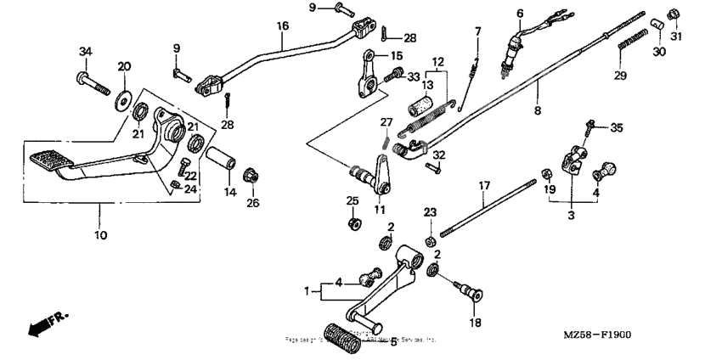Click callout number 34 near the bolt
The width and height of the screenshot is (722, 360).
point(84,52)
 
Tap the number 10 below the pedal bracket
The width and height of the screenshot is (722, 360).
point(100,235)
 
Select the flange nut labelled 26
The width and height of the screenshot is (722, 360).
point(251,177)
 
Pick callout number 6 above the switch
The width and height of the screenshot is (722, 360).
point(520,12)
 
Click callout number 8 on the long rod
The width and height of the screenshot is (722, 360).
point(537,109)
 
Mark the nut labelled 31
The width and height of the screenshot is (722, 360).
point(674,14)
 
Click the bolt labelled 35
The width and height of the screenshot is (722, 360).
point(589,128)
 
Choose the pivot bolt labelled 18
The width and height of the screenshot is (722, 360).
point(470,294)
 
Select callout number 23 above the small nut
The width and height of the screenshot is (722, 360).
point(430,211)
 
